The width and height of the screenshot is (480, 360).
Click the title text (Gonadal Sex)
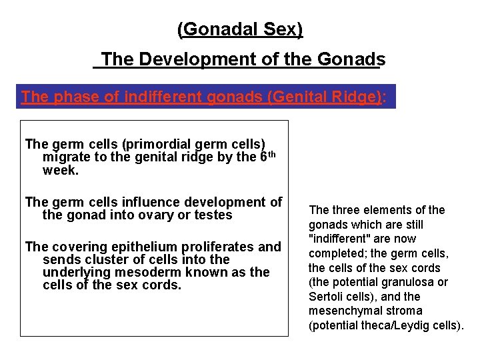coord(240,29)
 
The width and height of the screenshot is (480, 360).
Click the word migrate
coord(65,157)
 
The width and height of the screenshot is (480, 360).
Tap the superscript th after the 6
coord(271,154)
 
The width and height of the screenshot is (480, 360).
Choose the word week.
coord(59,171)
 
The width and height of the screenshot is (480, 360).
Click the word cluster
coord(106,259)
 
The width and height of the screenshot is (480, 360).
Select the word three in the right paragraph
coord(345,210)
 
